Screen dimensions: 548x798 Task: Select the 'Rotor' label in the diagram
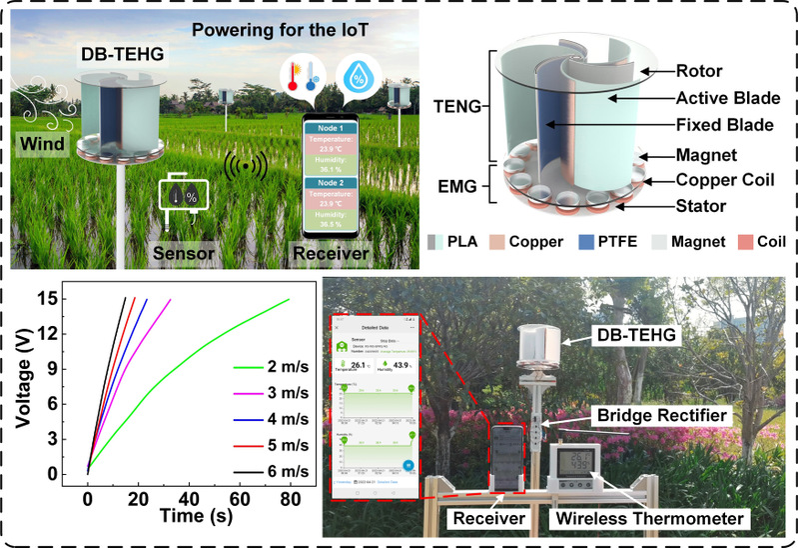[x=685, y=72]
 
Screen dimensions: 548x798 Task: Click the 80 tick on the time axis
[x=289, y=498]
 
